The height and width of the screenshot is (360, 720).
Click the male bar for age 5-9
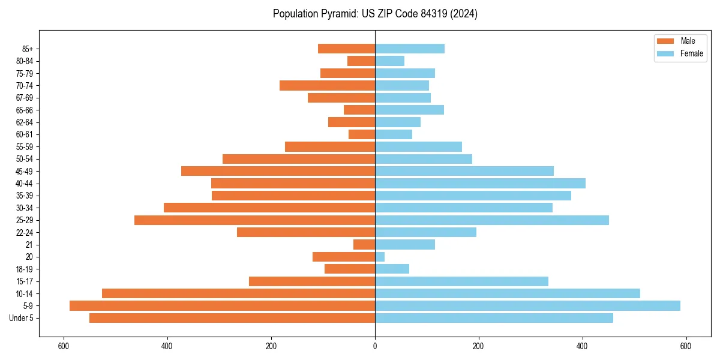(222, 305)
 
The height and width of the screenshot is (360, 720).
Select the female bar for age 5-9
(527, 305)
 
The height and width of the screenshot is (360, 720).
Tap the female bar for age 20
(380, 257)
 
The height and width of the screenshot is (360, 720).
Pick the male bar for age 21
(364, 244)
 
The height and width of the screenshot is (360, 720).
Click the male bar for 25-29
(254, 220)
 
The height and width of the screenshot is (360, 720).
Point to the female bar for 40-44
(480, 183)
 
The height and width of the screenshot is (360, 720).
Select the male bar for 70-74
(327, 85)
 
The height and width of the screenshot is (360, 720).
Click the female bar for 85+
(410, 49)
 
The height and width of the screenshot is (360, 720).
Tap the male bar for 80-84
(361, 61)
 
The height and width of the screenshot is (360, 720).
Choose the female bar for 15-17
(461, 281)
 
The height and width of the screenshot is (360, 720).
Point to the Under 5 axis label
(22, 318)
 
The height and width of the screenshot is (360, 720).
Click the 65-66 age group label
(25, 110)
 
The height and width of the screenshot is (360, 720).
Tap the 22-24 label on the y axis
(25, 232)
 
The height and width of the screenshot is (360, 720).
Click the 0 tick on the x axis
(375, 346)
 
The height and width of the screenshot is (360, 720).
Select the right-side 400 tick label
(582, 346)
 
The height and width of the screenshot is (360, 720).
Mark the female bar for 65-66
(409, 110)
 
